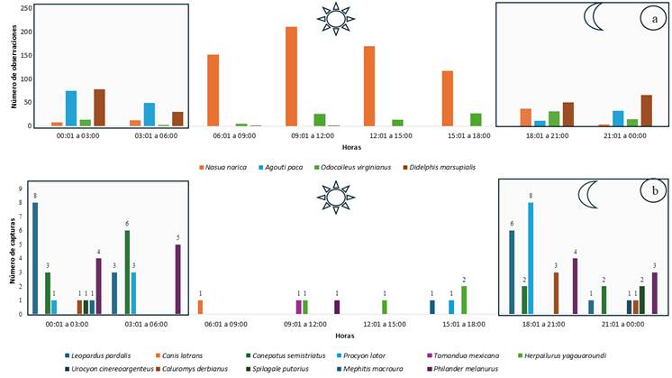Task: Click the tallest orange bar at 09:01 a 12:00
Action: tap(291, 77)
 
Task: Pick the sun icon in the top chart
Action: tap(336, 18)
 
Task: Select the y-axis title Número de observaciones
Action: tap(14, 68)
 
